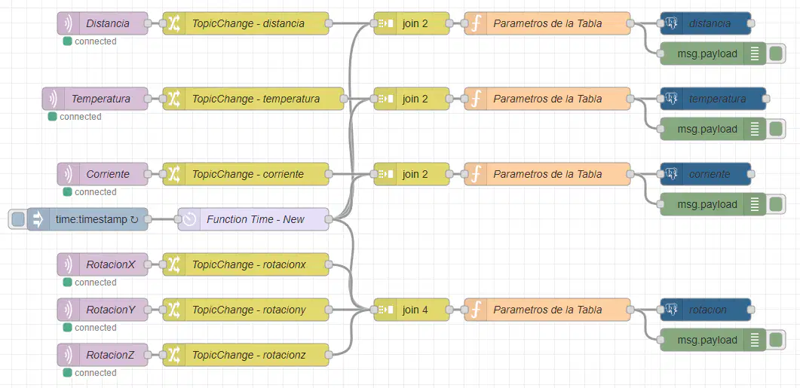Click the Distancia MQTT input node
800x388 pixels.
[103, 23]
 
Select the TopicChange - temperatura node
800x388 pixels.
[253, 99]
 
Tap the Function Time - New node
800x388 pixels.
[253, 219]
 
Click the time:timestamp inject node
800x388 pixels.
[87, 219]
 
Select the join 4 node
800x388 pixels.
[412, 310]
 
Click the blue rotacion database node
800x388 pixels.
[706, 310]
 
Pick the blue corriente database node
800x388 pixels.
[706, 174]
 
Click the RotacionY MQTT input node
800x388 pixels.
[103, 310]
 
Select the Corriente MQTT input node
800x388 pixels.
[103, 174]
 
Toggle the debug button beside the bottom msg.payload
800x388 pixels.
[776, 340]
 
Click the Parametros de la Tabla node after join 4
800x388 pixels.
[547, 310]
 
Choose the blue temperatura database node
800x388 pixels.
[713, 99]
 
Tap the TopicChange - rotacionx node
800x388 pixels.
[246, 264]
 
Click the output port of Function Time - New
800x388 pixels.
[329, 219]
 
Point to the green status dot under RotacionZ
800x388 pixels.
[67, 373]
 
